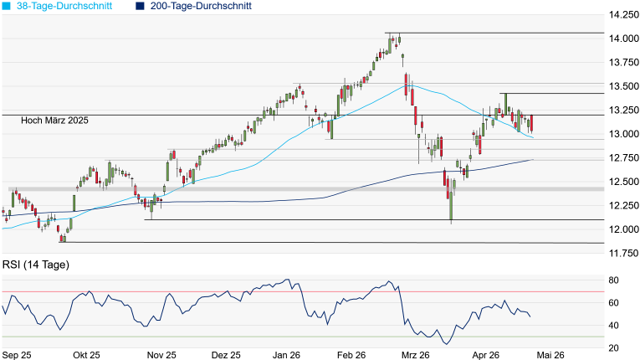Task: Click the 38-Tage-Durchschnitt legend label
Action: click(x=64, y=6)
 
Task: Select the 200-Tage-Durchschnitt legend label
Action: click(x=201, y=6)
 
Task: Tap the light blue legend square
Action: click(x=7, y=6)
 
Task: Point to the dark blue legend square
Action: click(x=140, y=6)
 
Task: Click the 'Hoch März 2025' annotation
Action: click(x=54, y=121)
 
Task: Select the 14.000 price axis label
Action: click(x=623, y=39)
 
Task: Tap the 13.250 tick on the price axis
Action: click(x=623, y=110)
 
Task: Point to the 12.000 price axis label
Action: click(x=623, y=229)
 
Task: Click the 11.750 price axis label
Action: click(x=623, y=254)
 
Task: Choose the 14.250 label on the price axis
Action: click(x=623, y=15)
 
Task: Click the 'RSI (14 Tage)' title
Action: click(x=36, y=265)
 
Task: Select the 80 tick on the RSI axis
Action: click(x=613, y=280)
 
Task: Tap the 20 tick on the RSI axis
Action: click(x=613, y=348)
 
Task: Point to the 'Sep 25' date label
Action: click(x=17, y=355)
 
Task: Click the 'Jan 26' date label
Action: click(x=286, y=355)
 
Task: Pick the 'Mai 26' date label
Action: click(x=550, y=355)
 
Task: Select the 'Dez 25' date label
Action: click(x=226, y=355)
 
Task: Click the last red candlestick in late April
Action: click(x=532, y=124)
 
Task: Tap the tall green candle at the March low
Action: click(x=451, y=206)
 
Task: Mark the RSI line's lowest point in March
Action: click(x=446, y=344)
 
